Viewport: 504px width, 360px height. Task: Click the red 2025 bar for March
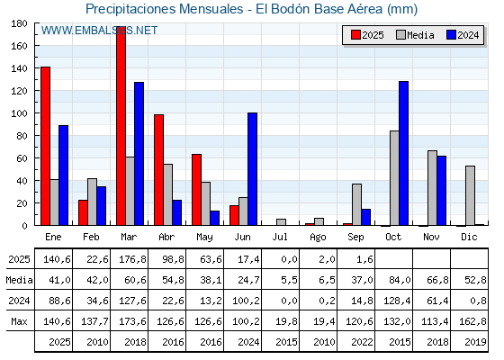[121, 126]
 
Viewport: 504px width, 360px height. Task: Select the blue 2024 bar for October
[404, 153]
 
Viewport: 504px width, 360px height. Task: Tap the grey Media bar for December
[470, 196]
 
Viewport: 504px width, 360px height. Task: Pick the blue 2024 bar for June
[252, 169]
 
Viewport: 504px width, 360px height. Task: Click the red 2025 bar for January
[45, 146]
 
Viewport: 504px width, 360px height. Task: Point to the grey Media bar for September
[356, 204]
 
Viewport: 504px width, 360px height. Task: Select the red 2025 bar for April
[158, 170]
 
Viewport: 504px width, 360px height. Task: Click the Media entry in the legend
[415, 35]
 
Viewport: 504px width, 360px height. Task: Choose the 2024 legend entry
[463, 35]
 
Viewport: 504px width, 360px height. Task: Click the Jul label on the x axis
[280, 237]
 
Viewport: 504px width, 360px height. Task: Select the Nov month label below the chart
[431, 237]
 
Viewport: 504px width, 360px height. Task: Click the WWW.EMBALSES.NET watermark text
[99, 31]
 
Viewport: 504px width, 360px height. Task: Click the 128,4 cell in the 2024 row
[397, 301]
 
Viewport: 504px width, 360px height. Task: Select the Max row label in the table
[19, 321]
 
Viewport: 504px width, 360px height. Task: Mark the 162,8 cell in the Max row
[472, 321]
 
